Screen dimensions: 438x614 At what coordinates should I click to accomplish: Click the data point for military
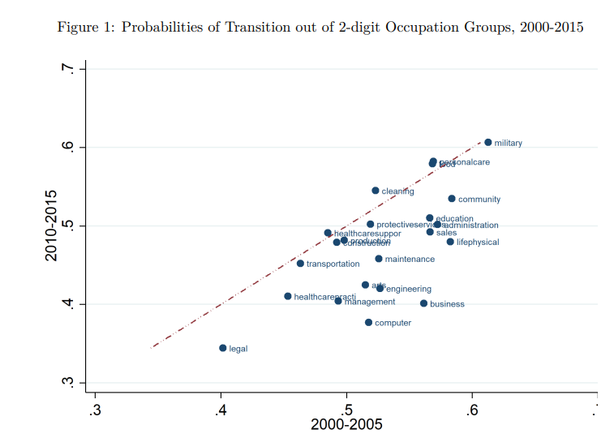(487, 142)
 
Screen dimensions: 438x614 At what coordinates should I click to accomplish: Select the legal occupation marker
(222, 348)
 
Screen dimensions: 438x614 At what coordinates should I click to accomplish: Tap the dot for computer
(368, 322)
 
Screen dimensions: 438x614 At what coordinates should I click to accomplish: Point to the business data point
(423, 303)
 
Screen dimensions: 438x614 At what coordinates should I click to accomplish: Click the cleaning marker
(375, 191)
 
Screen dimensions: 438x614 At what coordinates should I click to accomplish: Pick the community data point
(452, 199)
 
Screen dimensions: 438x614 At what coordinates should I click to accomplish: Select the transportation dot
(300, 264)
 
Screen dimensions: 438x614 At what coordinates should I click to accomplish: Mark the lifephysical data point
(450, 242)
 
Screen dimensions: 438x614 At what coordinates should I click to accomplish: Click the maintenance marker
(378, 259)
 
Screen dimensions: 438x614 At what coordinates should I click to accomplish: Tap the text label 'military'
(509, 144)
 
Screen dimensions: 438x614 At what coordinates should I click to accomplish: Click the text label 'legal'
(238, 350)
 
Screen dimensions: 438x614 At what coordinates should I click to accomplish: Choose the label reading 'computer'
(393, 323)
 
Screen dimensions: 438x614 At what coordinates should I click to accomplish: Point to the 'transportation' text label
(333, 264)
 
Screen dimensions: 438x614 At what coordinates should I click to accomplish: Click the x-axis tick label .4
(221, 408)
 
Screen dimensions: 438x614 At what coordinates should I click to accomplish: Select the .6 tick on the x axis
(473, 408)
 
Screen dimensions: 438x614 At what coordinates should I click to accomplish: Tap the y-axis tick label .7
(69, 70)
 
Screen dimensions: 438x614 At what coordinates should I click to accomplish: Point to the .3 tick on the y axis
(69, 382)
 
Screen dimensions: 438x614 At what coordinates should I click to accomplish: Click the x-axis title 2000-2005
(346, 424)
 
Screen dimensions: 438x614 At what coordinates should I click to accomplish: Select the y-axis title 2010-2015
(51, 225)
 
